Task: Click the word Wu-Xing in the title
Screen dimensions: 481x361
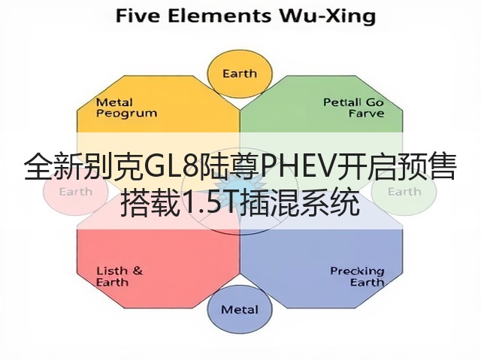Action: (x=327, y=16)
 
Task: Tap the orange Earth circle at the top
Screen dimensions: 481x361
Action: (x=240, y=74)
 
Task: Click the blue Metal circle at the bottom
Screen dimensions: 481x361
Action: (x=240, y=309)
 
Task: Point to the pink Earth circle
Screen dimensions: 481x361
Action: (x=75, y=192)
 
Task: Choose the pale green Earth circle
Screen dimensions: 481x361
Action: (x=404, y=192)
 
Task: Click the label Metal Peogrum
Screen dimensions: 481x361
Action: (x=126, y=108)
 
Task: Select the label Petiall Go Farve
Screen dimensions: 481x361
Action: (x=354, y=108)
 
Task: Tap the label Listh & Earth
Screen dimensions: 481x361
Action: (x=119, y=276)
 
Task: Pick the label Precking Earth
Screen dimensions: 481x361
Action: (x=358, y=277)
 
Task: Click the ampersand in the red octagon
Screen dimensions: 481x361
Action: (x=138, y=271)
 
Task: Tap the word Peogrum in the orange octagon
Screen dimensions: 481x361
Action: (x=126, y=114)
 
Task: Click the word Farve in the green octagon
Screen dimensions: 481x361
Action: (x=367, y=114)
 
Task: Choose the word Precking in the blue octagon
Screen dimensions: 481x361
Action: (x=358, y=272)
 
